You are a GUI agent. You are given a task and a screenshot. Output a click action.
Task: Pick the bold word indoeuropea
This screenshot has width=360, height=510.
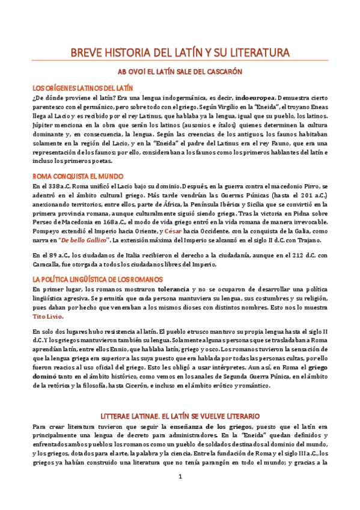coord(255,97)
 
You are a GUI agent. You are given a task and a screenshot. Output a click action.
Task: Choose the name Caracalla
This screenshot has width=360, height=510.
coord(47,265)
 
